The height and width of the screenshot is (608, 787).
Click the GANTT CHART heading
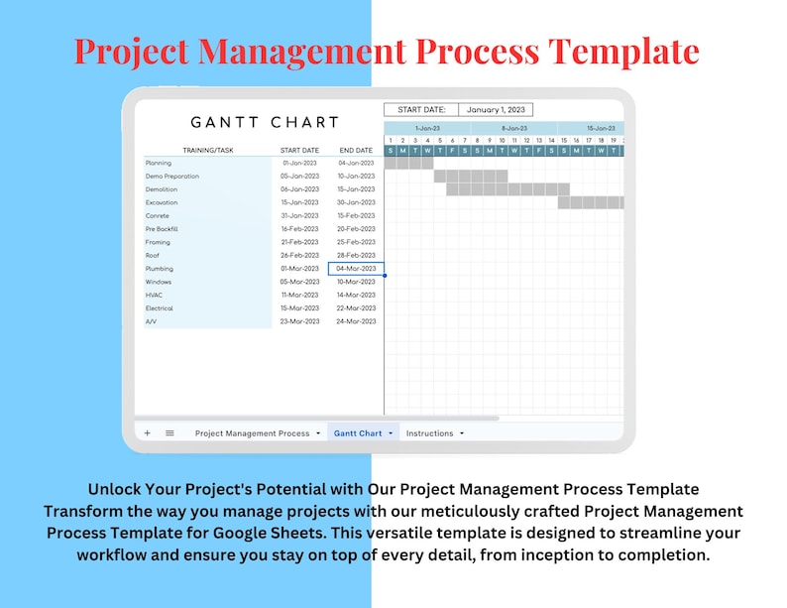click(x=265, y=122)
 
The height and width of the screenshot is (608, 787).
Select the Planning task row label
click(x=159, y=163)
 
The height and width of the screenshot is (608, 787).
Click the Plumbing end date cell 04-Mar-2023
click(x=355, y=269)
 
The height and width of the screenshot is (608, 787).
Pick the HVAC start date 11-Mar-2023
click(x=299, y=295)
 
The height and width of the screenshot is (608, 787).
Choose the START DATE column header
click(x=298, y=150)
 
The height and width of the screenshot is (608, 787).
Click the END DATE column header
click(x=355, y=150)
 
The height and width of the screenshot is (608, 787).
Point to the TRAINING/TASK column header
click(x=208, y=150)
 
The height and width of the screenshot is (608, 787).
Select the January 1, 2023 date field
click(x=496, y=110)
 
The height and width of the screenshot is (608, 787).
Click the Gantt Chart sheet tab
click(x=358, y=433)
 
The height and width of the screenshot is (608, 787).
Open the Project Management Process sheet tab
click(x=253, y=433)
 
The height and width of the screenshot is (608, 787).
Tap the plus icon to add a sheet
click(x=148, y=433)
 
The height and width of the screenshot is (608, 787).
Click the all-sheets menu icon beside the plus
click(x=169, y=433)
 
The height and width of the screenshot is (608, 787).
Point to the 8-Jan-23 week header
click(x=514, y=128)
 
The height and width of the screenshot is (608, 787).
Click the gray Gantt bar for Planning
click(x=408, y=163)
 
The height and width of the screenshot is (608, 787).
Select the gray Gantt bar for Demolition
click(x=507, y=189)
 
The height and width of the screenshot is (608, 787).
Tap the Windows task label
click(x=159, y=282)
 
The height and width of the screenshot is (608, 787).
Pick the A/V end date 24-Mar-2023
click(x=355, y=321)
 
